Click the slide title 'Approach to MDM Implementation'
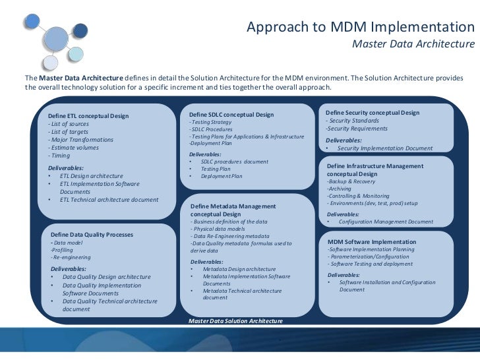[x=360, y=28]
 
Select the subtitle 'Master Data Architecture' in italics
[x=413, y=45]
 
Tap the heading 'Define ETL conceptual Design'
[x=88, y=116]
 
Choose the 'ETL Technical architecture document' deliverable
[x=109, y=199]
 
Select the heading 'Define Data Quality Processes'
[x=92, y=234]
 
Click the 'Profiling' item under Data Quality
[x=63, y=249]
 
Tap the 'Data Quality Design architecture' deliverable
[x=106, y=277]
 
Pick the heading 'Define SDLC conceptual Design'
[x=227, y=115]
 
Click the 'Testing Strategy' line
[x=210, y=123]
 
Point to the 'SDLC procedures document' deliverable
[x=234, y=162]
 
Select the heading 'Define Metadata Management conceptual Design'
[x=233, y=210]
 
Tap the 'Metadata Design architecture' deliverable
[x=239, y=269]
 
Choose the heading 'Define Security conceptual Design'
[x=373, y=113]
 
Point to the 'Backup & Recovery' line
[x=351, y=181]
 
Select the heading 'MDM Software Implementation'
[x=372, y=242]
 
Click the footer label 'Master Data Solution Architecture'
[x=235, y=320]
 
